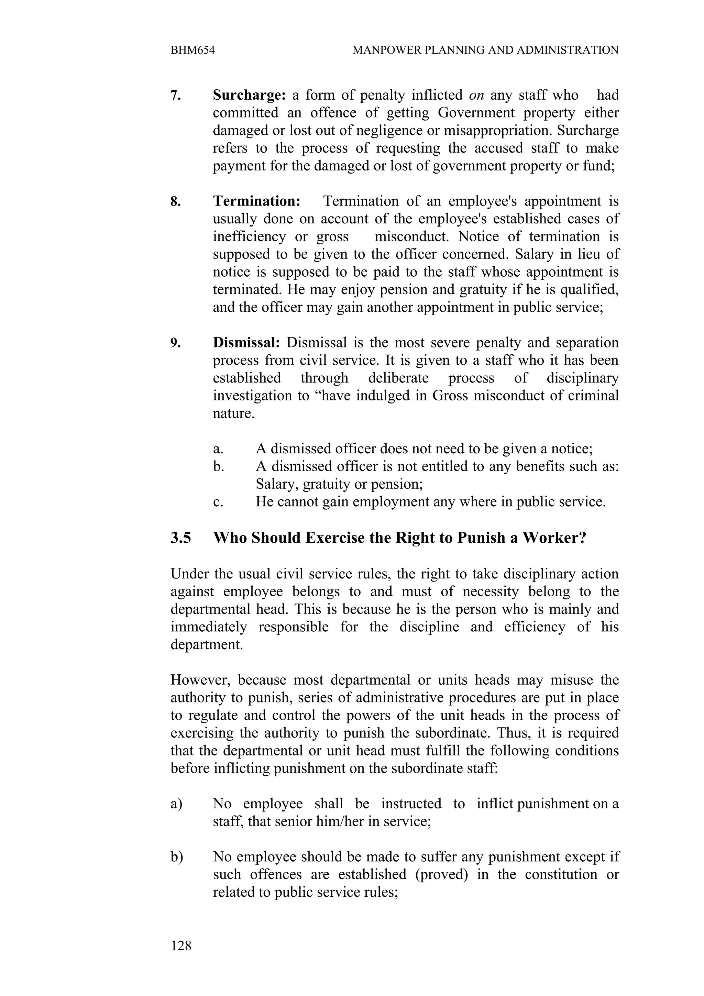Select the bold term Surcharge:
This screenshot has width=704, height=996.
tap(249, 95)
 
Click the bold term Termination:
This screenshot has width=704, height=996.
tap(256, 201)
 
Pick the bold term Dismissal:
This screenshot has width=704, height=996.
tap(246, 343)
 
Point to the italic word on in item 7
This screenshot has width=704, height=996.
tap(477, 95)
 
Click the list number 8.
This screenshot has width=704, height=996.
tap(175, 202)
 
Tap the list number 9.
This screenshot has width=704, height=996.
tap(175, 343)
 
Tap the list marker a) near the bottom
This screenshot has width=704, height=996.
tap(177, 804)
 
